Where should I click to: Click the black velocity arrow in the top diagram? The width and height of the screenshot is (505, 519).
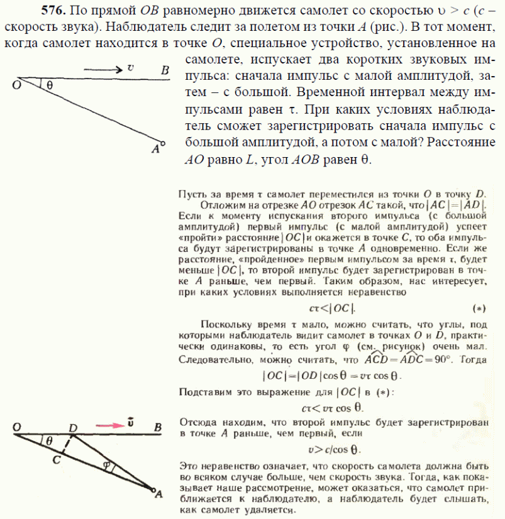point(101,69)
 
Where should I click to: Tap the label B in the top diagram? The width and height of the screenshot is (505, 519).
point(165,70)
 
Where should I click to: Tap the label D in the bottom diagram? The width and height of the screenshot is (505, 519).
point(73,428)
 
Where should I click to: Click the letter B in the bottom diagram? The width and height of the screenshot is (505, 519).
point(158,428)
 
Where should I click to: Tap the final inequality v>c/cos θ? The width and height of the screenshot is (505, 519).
point(333,450)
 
